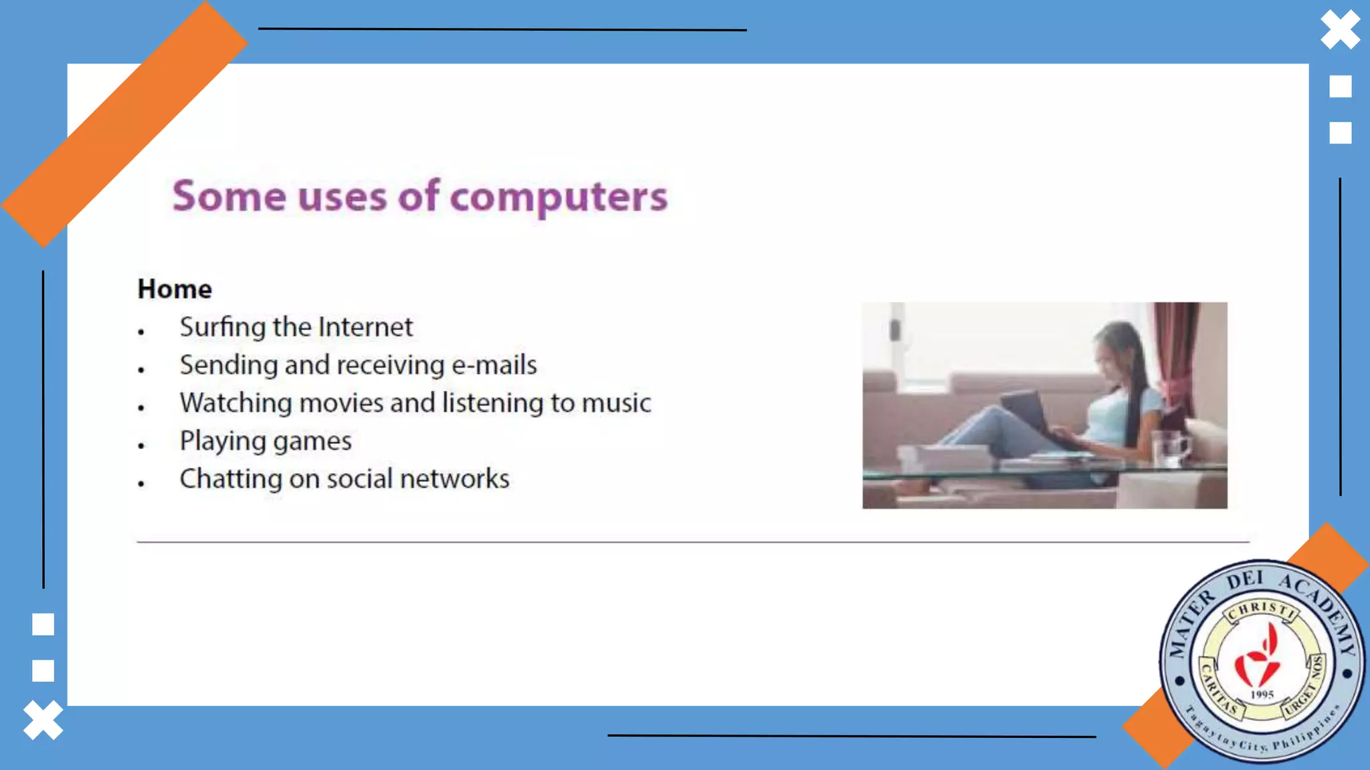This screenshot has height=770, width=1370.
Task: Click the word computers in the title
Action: pos(559,197)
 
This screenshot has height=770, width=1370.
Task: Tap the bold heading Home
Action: pos(175,289)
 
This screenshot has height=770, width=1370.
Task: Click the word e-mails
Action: pos(494,366)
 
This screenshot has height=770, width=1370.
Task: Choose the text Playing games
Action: pos(266,441)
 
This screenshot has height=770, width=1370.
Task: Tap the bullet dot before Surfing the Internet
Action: pos(141,332)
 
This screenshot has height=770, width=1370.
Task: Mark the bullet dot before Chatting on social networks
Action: pos(141,483)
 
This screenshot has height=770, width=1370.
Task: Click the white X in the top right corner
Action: pos(1340,30)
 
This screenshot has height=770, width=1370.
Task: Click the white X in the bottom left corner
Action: pos(43,721)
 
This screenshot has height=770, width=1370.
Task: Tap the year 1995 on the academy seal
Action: pos(1262,694)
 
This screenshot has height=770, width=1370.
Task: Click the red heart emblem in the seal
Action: pos(1258,658)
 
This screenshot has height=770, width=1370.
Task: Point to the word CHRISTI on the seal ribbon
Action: pos(1262,609)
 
